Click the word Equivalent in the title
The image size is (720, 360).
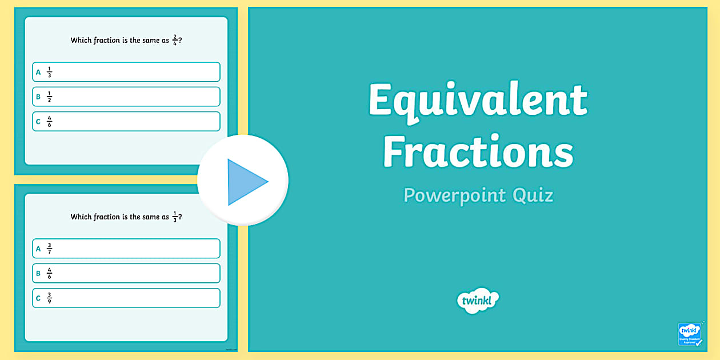tap(478, 100)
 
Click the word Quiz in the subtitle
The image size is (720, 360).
tap(533, 195)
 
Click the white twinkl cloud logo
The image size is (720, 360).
tap(478, 300)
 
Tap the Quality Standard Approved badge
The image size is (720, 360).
tap(689, 334)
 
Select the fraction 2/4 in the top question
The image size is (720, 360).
tap(175, 40)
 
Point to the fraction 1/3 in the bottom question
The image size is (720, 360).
tap(175, 217)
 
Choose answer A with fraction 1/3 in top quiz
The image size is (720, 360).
tap(126, 72)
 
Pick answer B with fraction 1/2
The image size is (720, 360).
tap(126, 97)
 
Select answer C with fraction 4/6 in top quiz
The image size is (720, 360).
tap(126, 121)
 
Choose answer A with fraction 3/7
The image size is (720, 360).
tap(126, 249)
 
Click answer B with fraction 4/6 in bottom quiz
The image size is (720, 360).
tap(126, 273)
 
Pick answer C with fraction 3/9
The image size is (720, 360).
tap(126, 298)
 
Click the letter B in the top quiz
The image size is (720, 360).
tap(38, 97)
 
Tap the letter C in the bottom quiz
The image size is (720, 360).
tap(38, 298)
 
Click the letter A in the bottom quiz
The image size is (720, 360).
tap(38, 249)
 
